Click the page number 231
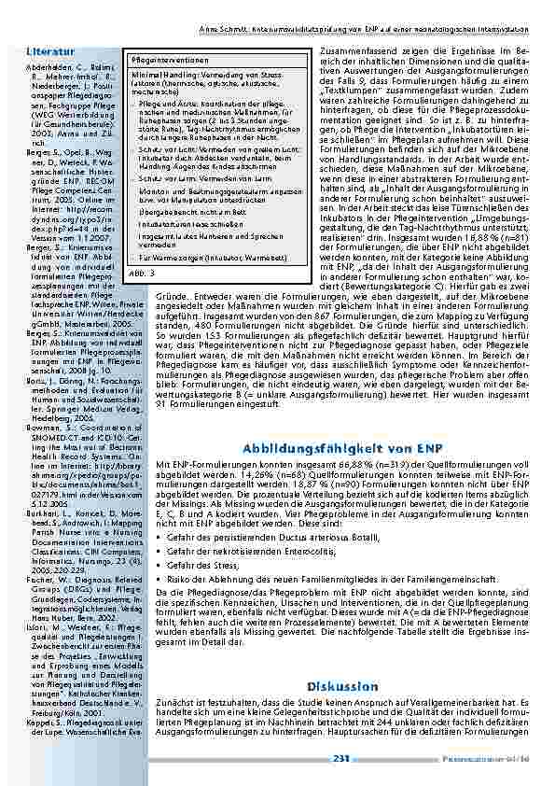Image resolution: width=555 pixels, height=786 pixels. tap(340, 758)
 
